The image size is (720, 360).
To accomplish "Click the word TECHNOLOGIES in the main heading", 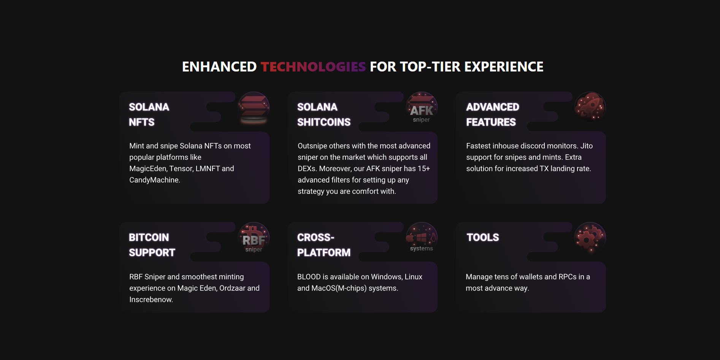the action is (313, 67).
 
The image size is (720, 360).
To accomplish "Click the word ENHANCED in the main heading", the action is (219, 67).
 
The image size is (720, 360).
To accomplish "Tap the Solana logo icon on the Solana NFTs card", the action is (254, 108).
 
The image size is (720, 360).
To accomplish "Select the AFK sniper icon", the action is (422, 108).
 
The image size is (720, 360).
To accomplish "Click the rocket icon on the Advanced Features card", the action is (590, 107).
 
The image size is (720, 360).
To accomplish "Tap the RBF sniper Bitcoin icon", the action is (254, 238).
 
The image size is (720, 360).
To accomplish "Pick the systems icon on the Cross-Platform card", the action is (422, 238).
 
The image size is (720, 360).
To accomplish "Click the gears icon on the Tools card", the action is (590, 238).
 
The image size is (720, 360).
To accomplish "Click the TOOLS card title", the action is (483, 238).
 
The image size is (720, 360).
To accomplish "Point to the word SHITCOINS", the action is (324, 122).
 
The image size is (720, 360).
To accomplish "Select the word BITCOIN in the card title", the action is (149, 238).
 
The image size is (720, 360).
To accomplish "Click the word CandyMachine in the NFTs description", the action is (155, 180).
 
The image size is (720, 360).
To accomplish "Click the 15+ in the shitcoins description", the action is (424, 169).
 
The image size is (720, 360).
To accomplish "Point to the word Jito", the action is (587, 146).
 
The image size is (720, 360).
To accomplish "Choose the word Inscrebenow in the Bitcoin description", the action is (151, 300).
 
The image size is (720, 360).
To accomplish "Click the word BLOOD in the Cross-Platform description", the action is (309, 277).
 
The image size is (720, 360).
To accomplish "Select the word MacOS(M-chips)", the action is (339, 289).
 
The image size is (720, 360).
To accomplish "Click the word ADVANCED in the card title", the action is (493, 107).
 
